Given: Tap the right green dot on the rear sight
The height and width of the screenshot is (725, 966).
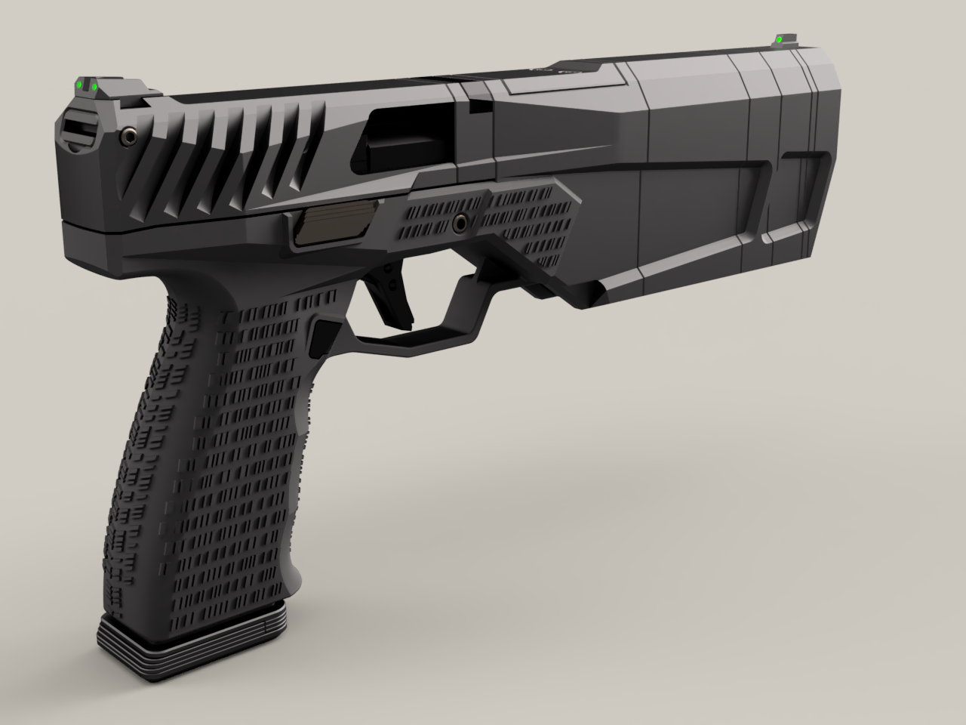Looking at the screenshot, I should pyautogui.click(x=95, y=88).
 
